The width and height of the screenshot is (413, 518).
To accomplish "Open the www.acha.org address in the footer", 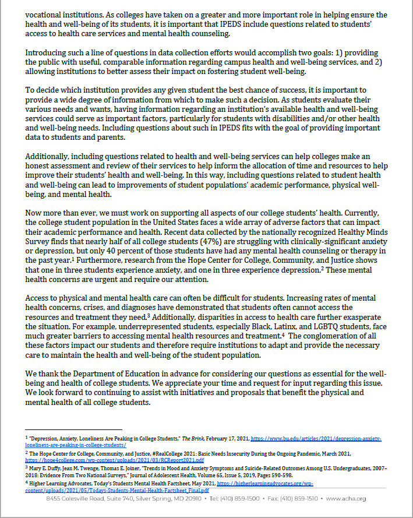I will (347, 499).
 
